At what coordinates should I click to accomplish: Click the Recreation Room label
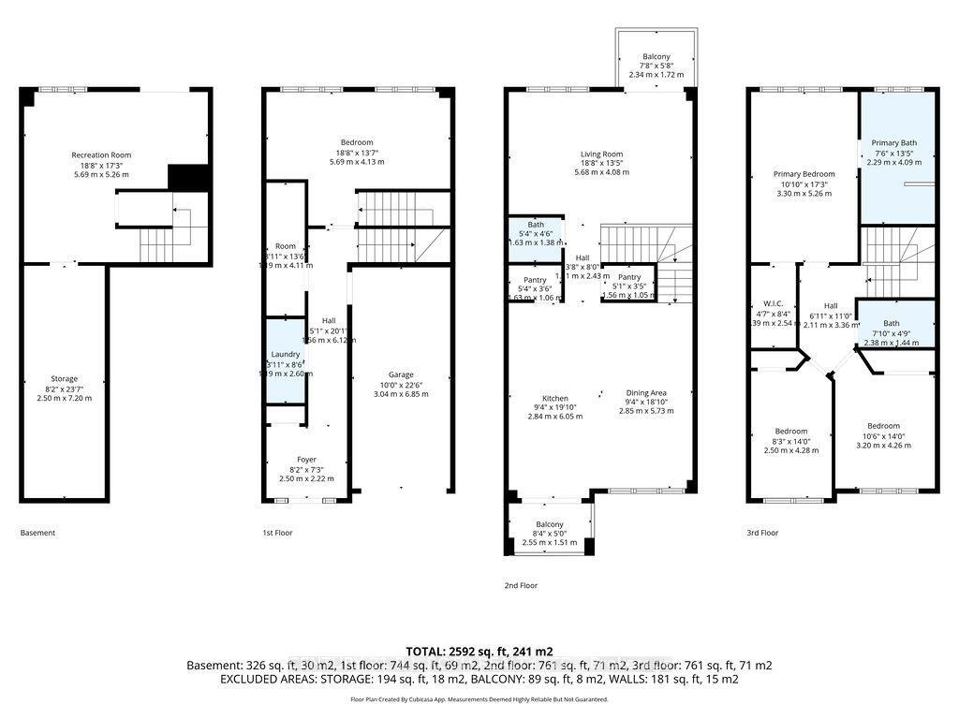click(101, 164)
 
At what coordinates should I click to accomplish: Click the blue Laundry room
click(286, 361)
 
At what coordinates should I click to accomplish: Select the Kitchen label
click(554, 406)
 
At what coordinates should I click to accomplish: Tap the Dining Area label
click(645, 402)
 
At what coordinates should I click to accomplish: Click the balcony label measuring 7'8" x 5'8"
click(656, 66)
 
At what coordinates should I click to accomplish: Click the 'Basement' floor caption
click(37, 533)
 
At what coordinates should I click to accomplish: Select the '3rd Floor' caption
click(763, 533)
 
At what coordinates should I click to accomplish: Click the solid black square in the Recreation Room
click(187, 177)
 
